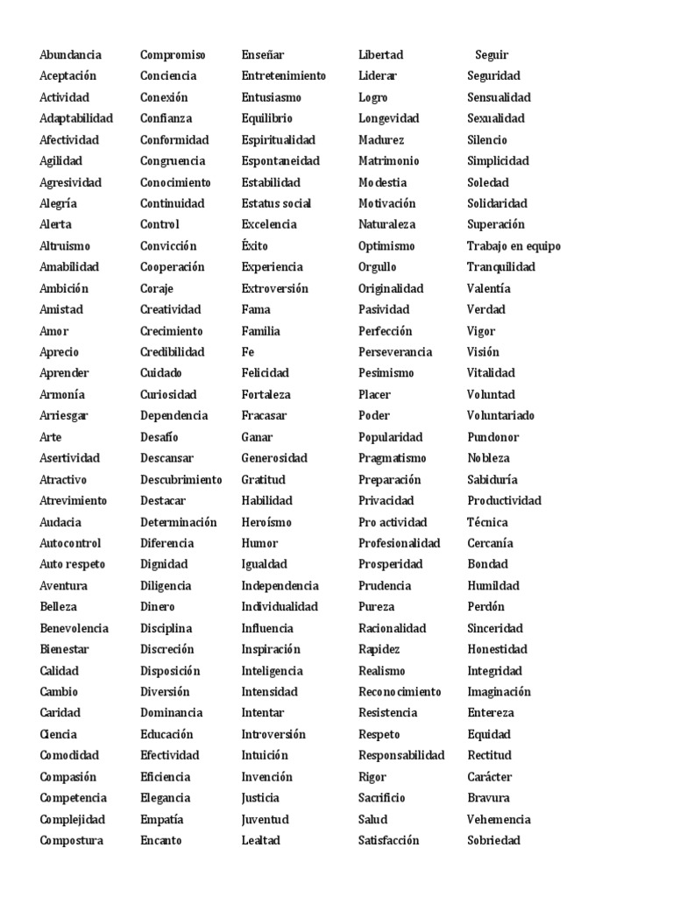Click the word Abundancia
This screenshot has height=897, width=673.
[70, 55]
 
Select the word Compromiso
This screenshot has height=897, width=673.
[173, 55]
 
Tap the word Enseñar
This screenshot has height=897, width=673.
[263, 55]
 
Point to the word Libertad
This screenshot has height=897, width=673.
[380, 55]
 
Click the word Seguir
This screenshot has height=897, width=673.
[492, 55]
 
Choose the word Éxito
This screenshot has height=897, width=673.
[255, 246]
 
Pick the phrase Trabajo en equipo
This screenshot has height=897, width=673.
[514, 246]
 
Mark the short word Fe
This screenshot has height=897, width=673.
[248, 352]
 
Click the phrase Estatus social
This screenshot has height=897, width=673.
[276, 203]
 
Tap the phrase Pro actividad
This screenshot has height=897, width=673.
[393, 522]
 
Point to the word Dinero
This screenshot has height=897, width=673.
[158, 607]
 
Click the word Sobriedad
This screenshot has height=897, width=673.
[493, 841]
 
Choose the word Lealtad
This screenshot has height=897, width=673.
[261, 841]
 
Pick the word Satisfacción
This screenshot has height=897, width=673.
[389, 841]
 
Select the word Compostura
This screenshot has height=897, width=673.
[71, 841]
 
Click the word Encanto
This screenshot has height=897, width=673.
[161, 841]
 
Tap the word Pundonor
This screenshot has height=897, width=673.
[492, 437]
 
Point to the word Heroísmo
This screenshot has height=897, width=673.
[266, 522]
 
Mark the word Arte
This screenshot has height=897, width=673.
[51, 437]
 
